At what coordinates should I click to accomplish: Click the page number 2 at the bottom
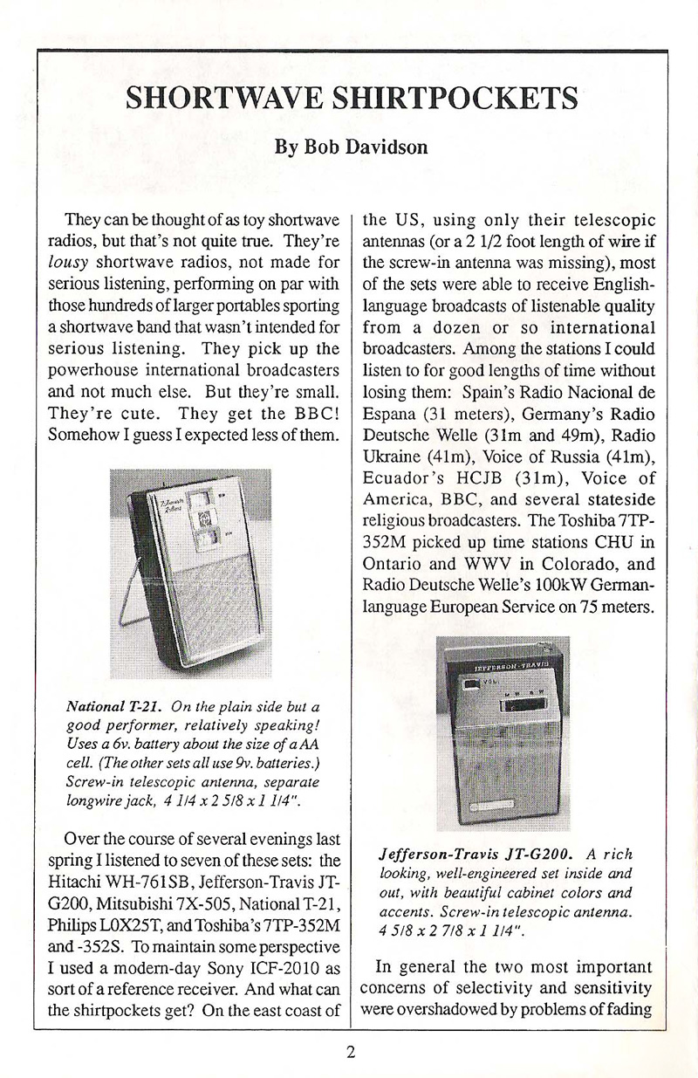click(x=350, y=1052)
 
